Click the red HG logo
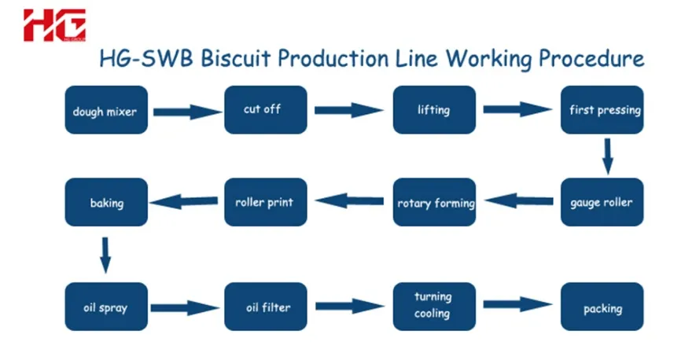pyautogui.click(x=54, y=25)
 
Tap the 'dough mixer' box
pyautogui.click(x=106, y=109)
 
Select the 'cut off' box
pyautogui.click(x=266, y=109)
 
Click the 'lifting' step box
pyautogui.click(x=434, y=109)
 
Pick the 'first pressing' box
pyautogui.click(x=602, y=109)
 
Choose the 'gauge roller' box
pyautogui.click(x=602, y=202)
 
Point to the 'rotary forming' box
pyautogui.click(x=434, y=202)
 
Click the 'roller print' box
pyautogui.click(x=266, y=202)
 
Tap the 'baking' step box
pyautogui.click(x=106, y=202)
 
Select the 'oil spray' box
pyautogui.click(x=106, y=307)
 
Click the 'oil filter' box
pyautogui.click(x=266, y=307)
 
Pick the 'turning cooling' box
pyautogui.click(x=434, y=307)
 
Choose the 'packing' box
pyautogui.click(x=602, y=307)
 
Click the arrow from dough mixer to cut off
pyautogui.click(x=187, y=112)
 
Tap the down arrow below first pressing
pyautogui.click(x=608, y=156)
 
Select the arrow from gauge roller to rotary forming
pyautogui.click(x=519, y=200)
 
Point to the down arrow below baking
pyautogui.click(x=105, y=255)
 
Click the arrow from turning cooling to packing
pyautogui.click(x=517, y=304)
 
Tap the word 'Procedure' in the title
pyautogui.click(x=591, y=59)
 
